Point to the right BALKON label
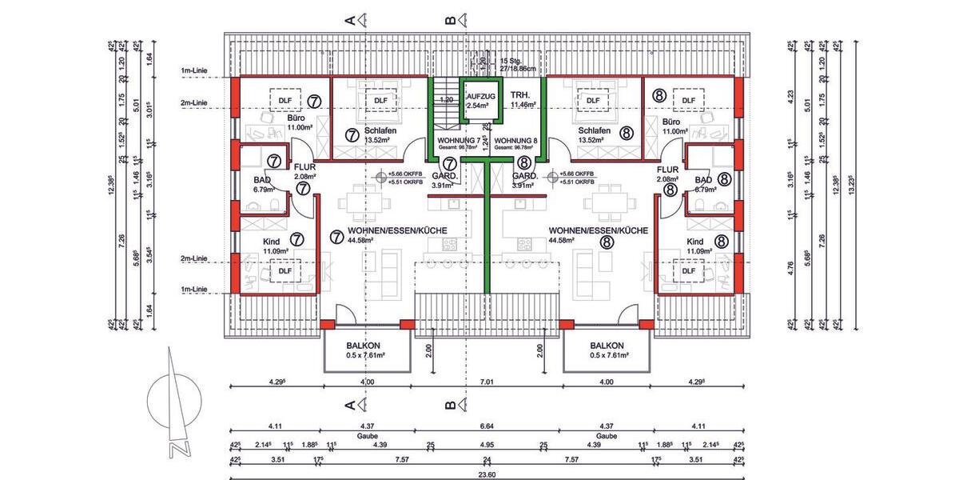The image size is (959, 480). point(606,346)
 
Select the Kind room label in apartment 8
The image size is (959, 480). point(695,241)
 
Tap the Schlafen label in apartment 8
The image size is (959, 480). point(592,130)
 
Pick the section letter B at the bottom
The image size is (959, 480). point(450,405)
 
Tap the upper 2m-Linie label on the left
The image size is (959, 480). point(195,102)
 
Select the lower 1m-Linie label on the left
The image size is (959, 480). point(195,289)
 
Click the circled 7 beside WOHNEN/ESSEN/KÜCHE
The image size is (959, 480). point(336,238)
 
